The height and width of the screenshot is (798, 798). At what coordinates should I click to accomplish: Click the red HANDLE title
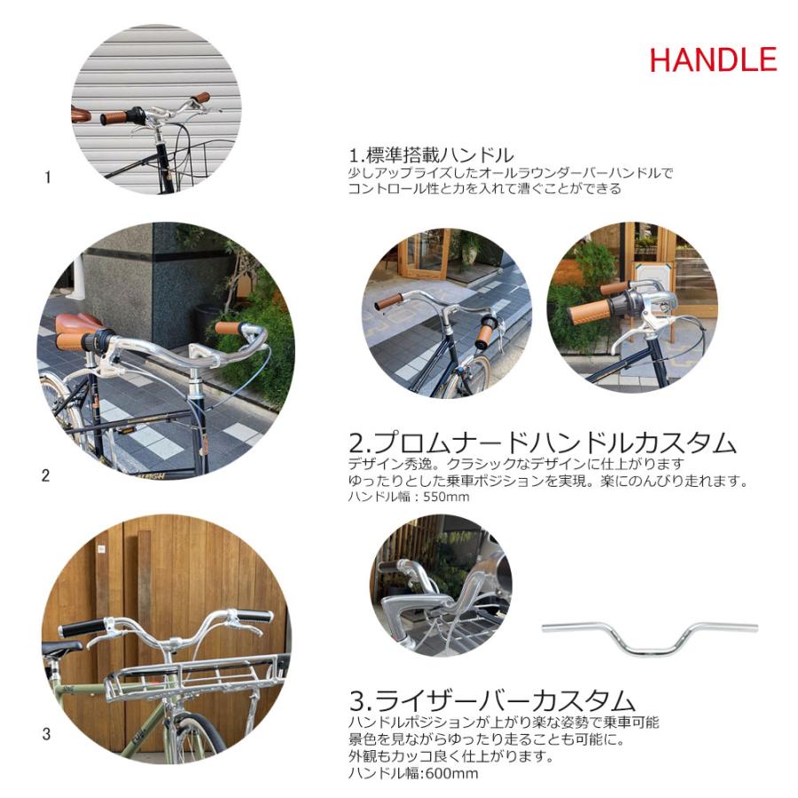tap(713, 59)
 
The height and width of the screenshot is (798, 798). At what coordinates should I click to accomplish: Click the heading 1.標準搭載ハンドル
tap(431, 154)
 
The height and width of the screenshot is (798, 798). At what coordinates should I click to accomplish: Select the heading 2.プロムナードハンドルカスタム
tap(543, 442)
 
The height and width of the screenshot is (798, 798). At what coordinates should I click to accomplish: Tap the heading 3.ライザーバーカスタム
tap(492, 700)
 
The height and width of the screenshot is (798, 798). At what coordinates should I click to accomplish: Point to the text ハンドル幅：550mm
tap(409, 497)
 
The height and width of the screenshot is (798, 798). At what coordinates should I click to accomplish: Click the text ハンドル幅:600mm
tap(413, 773)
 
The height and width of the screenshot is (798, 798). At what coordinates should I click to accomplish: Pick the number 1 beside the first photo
tap(48, 177)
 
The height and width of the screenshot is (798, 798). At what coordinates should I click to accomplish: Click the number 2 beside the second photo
tap(46, 476)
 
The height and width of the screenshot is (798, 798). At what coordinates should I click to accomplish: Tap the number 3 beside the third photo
tap(46, 734)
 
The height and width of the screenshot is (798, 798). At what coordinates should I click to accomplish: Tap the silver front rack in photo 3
tap(193, 677)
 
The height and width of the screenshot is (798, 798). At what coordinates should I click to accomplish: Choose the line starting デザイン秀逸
tap(517, 464)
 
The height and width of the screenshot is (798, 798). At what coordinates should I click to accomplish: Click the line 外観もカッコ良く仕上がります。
tap(451, 756)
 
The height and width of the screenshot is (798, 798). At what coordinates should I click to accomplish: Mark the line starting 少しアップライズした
tap(511, 173)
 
